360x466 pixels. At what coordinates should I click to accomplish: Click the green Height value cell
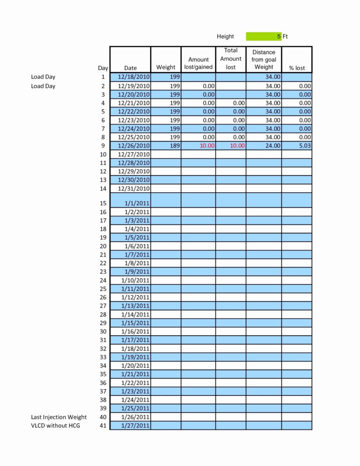pos(264,37)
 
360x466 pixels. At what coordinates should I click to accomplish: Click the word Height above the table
pos(225,37)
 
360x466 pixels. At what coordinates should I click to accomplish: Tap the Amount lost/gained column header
pos(198,63)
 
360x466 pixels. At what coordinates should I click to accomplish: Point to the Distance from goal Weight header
pos(264,60)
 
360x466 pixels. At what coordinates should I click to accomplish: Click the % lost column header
pos(297,68)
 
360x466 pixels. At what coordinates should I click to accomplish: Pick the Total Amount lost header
pos(231,59)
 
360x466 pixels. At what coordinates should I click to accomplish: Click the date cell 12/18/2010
pos(134,77)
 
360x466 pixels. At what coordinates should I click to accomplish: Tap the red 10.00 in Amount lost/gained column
pos(207,146)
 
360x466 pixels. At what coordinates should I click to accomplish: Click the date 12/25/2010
pos(134,137)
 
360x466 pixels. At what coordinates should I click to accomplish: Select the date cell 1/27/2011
pos(135,426)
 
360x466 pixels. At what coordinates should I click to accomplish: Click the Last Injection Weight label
pos(59,417)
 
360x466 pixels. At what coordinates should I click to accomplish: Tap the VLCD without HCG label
pos(56,426)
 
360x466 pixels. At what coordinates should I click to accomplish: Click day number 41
pos(103,426)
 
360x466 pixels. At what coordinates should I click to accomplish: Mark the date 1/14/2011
pos(135,314)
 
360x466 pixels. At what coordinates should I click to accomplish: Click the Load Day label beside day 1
pos(43,77)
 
